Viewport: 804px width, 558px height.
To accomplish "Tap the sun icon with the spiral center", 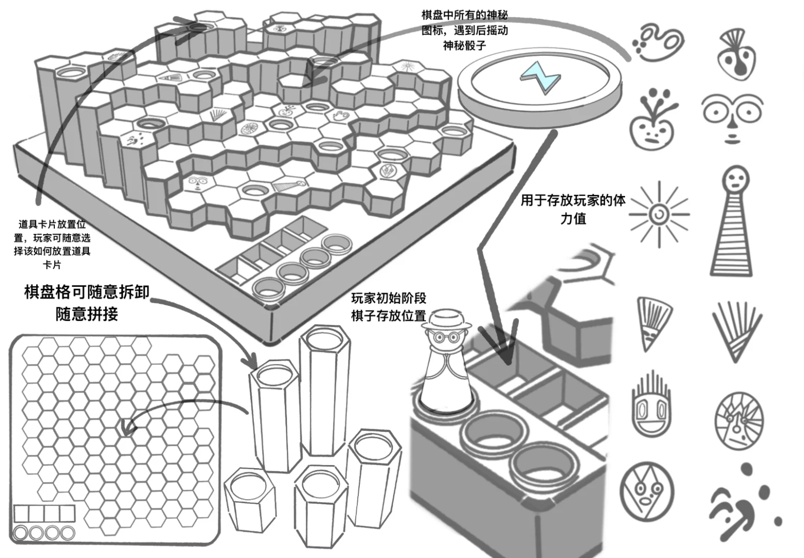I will [659, 213].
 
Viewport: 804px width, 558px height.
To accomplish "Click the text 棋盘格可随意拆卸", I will [87, 292].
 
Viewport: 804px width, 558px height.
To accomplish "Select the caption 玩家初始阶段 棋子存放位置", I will [389, 307].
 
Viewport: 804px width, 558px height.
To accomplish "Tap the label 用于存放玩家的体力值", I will [573, 209].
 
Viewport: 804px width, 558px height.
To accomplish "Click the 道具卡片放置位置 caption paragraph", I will [52, 244].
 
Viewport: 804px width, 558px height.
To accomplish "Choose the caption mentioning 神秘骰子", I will [464, 30].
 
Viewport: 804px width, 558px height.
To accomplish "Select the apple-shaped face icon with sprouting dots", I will [651, 120].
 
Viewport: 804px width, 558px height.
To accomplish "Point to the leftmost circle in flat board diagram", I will [21, 533].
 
